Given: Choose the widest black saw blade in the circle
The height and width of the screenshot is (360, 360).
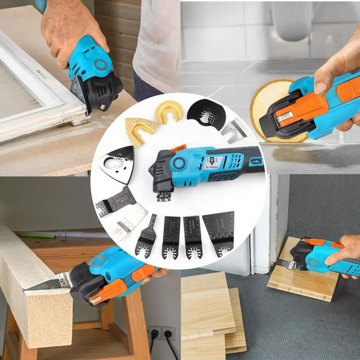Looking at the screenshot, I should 219,232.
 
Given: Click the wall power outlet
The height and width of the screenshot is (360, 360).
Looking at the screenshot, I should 162,334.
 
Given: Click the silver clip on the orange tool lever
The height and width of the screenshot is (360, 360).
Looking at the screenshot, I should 283,118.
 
